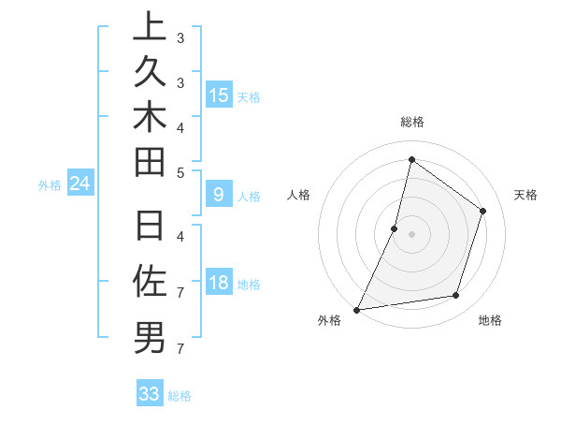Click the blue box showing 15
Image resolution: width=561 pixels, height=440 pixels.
click(x=219, y=95)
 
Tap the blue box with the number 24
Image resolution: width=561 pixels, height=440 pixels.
click(x=80, y=184)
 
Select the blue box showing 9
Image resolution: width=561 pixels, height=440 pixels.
click(x=219, y=195)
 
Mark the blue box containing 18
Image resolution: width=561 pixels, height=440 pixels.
click(x=219, y=284)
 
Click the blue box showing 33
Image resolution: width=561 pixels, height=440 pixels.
click(x=150, y=394)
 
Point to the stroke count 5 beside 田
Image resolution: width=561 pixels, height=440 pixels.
click(x=180, y=172)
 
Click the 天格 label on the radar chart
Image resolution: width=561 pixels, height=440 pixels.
click(x=525, y=195)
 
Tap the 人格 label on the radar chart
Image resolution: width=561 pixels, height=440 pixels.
click(x=298, y=195)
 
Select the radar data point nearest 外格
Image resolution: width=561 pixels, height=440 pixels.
click(x=356, y=309)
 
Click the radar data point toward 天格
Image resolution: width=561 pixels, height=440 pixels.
click(x=483, y=211)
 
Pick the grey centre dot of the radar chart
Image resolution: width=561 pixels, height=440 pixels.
click(x=411, y=234)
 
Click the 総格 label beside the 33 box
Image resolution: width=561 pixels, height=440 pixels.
click(x=180, y=395)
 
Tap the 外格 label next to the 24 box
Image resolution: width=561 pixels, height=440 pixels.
click(x=50, y=185)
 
